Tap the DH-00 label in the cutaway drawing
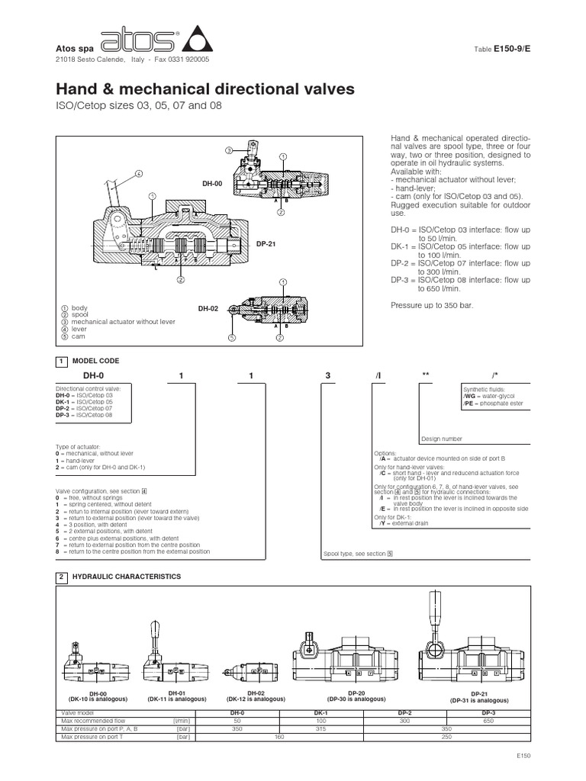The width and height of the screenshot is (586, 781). tap(211, 184)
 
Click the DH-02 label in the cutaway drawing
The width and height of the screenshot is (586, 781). tap(208, 308)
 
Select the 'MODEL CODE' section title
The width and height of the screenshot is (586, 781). tap(95, 360)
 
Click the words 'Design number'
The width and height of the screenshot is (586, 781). tap(440, 439)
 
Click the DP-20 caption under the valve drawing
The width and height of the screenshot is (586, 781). tap(350, 693)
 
